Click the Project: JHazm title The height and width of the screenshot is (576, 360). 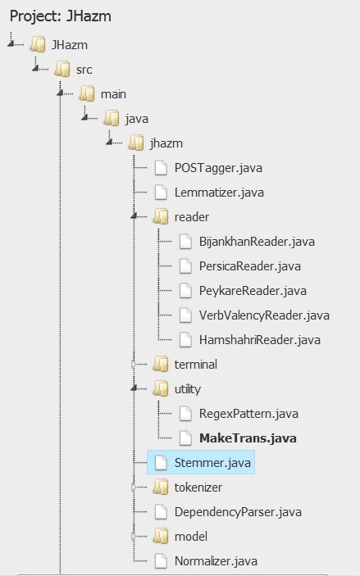click(61, 16)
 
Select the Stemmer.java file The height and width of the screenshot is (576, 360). click(212, 462)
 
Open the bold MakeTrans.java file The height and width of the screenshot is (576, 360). click(248, 438)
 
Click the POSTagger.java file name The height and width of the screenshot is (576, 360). click(218, 168)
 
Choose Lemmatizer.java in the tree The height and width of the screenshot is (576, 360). click(219, 193)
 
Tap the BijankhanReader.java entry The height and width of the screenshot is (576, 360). click(257, 242)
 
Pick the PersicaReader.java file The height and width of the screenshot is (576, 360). click(250, 266)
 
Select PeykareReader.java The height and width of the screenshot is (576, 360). click(253, 291)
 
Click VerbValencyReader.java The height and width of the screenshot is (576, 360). click(264, 315)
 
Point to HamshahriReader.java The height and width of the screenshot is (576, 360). click(260, 340)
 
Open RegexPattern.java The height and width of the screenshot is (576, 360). click(248, 414)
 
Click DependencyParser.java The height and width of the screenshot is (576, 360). click(238, 512)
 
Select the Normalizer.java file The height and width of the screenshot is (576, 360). click(216, 561)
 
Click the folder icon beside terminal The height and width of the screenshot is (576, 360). click(161, 365)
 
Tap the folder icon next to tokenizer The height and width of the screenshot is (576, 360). click(161, 488)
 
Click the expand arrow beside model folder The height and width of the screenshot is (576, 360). click(134, 537)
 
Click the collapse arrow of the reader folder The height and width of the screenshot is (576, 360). click(134, 217)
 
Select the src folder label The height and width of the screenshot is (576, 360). click(84, 70)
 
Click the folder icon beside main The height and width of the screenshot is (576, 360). click(87, 93)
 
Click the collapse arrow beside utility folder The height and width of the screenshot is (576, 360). click(134, 388)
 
